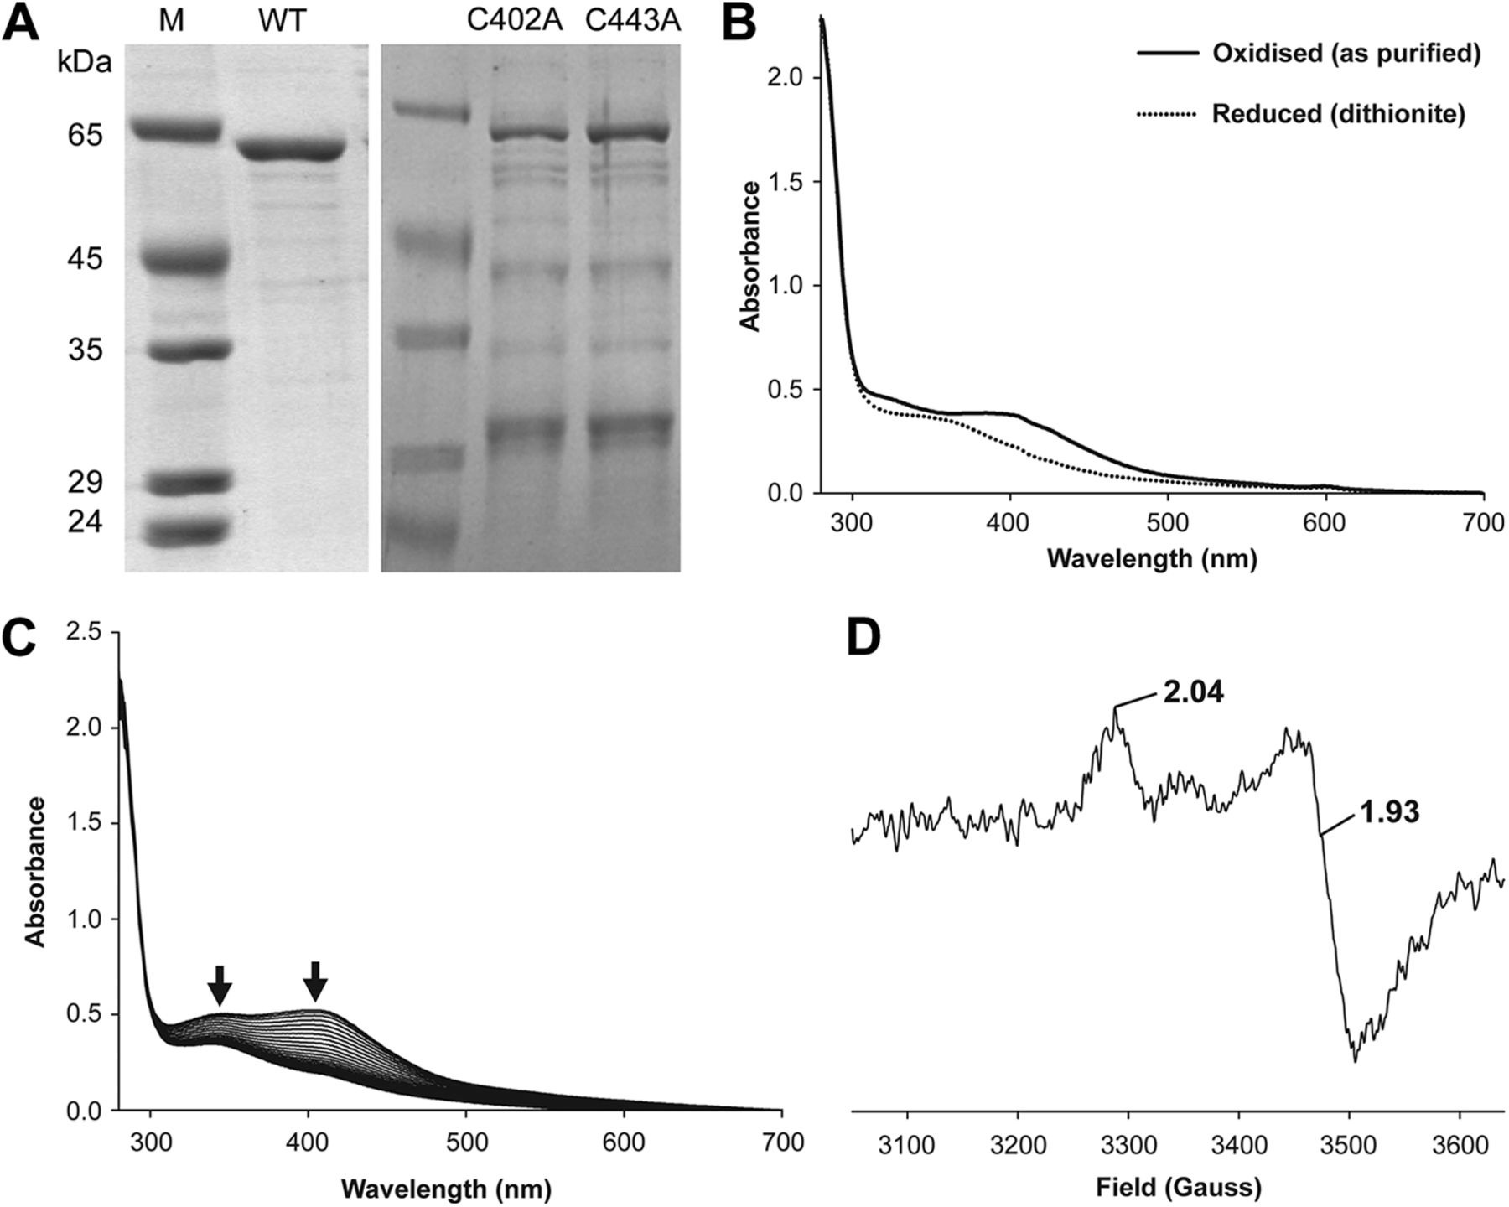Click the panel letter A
[21, 23]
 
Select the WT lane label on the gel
[282, 21]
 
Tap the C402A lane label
[515, 21]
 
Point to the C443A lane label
[633, 21]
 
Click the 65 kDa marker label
[85, 135]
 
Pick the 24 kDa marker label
[85, 522]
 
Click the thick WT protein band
[292, 150]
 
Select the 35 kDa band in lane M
[173, 350]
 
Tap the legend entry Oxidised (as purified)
[1346, 54]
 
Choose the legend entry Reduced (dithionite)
[1338, 113]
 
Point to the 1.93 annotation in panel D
[1389, 812]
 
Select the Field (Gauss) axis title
[1178, 1187]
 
